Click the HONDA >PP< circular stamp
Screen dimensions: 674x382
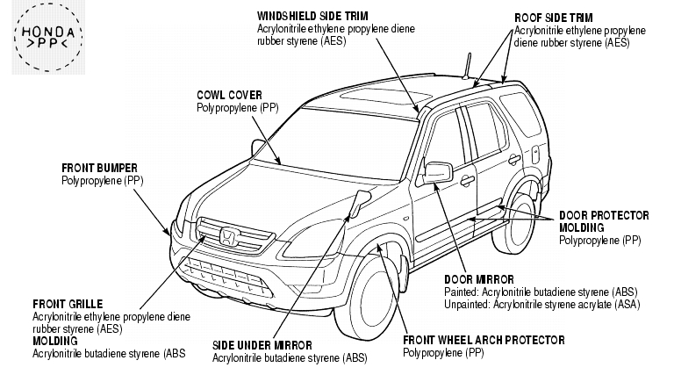[48, 37]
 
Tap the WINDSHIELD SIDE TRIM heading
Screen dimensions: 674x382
[312, 17]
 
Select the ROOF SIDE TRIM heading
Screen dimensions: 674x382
[554, 18]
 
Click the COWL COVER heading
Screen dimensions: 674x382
[229, 95]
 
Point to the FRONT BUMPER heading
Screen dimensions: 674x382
[99, 168]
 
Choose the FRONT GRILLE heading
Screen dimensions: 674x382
[68, 305]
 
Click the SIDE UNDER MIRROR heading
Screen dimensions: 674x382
[262, 345]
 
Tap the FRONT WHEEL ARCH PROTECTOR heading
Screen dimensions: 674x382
[484, 340]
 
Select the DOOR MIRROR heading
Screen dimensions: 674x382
[479, 279]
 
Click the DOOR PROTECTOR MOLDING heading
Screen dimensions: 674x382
[604, 221]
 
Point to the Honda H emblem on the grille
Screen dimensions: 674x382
[227, 237]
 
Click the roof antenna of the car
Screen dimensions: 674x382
[467, 66]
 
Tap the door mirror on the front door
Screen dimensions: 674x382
[438, 172]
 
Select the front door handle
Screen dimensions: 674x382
[467, 181]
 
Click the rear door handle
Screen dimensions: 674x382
[513, 160]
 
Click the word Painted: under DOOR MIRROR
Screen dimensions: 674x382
[462, 292]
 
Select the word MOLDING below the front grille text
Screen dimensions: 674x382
[55, 341]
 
